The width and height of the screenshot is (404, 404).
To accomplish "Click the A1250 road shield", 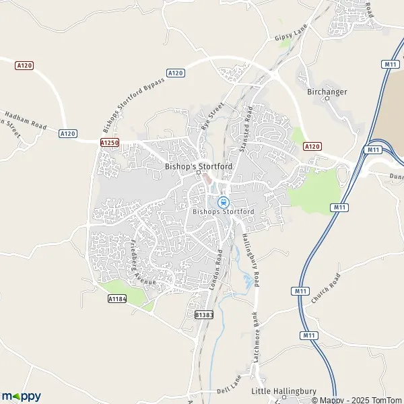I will click(109, 143).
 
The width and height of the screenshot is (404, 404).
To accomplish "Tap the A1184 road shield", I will click(117, 298).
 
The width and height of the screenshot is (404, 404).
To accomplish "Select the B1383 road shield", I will click(203, 314).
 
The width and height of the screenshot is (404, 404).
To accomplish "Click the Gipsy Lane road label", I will click(291, 35).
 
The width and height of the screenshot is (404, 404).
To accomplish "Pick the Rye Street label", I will click(211, 116).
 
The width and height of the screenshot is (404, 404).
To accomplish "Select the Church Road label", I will click(326, 290).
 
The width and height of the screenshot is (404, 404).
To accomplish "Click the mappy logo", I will click(22, 397).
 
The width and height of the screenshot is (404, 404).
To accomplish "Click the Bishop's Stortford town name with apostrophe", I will click(198, 165).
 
